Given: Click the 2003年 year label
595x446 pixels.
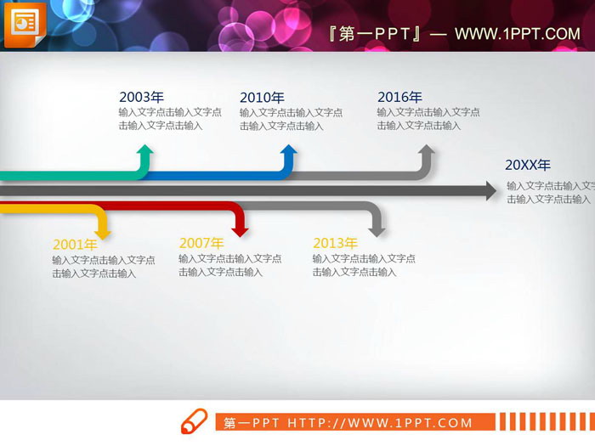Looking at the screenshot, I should pyautogui.click(x=142, y=97).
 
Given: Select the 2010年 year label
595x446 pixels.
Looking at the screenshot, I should pyautogui.click(x=262, y=97).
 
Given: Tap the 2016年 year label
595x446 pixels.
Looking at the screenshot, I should pyautogui.click(x=399, y=97).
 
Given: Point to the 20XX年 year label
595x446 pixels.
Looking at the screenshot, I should pyautogui.click(x=528, y=165).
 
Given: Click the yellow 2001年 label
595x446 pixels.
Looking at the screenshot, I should pyautogui.click(x=75, y=245).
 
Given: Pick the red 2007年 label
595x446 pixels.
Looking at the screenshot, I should pyautogui.click(x=201, y=243).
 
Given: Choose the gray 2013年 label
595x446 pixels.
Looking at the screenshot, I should pyautogui.click(x=335, y=243).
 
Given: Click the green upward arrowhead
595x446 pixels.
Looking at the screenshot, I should pyautogui.click(x=145, y=151).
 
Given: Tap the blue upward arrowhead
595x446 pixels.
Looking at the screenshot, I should pyautogui.click(x=289, y=151).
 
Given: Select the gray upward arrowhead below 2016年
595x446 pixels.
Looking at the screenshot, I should pyautogui.click(x=426, y=151).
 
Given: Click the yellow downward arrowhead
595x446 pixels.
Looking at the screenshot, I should pyautogui.click(x=102, y=230).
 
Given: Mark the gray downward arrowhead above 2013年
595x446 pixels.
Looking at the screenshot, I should pyautogui.click(x=377, y=229).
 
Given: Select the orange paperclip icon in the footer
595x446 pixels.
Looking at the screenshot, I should pyautogui.click(x=195, y=422).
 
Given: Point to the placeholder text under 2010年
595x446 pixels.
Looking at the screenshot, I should pyautogui.click(x=291, y=119).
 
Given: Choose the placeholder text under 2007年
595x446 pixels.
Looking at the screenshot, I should pyautogui.click(x=229, y=265).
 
